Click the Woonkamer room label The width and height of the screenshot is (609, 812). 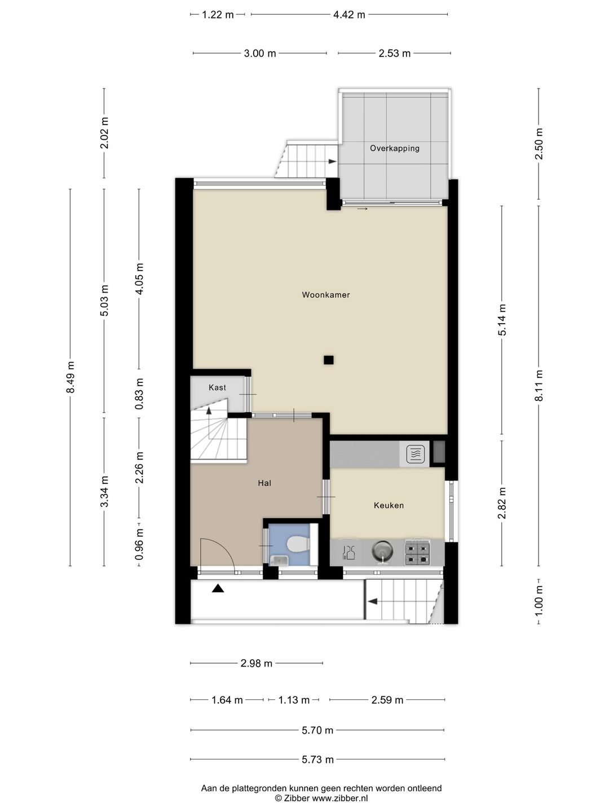[326, 295]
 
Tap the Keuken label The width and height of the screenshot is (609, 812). [389, 505]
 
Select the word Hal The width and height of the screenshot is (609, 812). [264, 483]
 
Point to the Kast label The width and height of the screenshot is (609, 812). [217, 387]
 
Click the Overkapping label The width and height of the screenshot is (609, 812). [395, 148]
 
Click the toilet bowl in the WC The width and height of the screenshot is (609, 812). [298, 545]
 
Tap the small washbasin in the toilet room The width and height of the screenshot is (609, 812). [278, 561]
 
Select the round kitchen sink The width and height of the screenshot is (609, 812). [382, 550]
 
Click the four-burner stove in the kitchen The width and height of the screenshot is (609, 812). [418, 553]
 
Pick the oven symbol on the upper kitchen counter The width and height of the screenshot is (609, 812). [416, 454]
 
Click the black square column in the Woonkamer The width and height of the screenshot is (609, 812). [328, 360]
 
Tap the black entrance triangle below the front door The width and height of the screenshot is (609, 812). [218, 588]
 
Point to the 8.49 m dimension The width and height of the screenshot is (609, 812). [70, 377]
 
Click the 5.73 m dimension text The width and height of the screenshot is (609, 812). [317, 760]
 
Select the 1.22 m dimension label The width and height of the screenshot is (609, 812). [218, 15]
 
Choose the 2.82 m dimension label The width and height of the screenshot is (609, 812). [502, 503]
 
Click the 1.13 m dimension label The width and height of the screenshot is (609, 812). [294, 700]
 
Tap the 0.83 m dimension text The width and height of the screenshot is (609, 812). [139, 394]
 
